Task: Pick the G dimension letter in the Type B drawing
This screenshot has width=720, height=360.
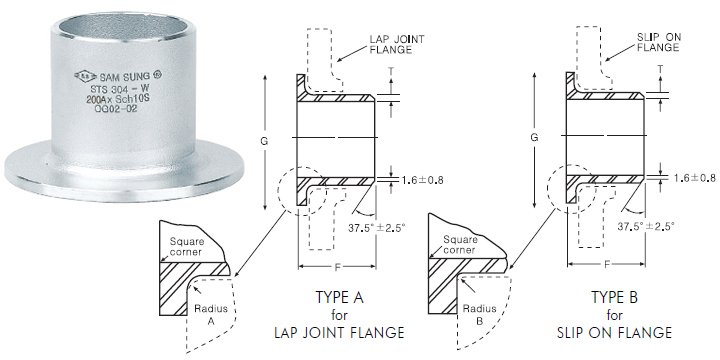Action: [535, 136]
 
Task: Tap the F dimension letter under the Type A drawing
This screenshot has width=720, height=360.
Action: [338, 268]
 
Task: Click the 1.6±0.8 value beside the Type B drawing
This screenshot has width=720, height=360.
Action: [690, 177]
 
